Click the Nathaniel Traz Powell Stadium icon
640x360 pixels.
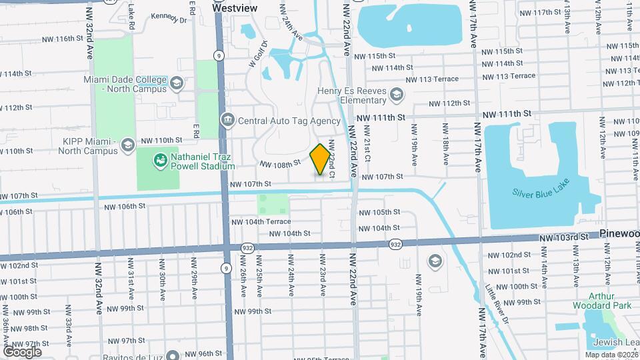click(160, 160)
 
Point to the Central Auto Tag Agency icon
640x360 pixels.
click(227, 121)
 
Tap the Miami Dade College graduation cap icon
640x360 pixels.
click(176, 83)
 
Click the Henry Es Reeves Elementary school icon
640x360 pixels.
click(397, 95)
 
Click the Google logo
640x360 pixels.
click(22, 351)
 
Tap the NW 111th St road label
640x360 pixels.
click(381, 117)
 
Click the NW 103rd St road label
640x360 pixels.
click(564, 237)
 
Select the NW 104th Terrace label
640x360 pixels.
click(261, 221)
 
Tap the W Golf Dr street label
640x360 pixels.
click(257, 55)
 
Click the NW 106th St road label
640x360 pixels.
click(125, 207)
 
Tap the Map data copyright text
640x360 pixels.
click(611, 355)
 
